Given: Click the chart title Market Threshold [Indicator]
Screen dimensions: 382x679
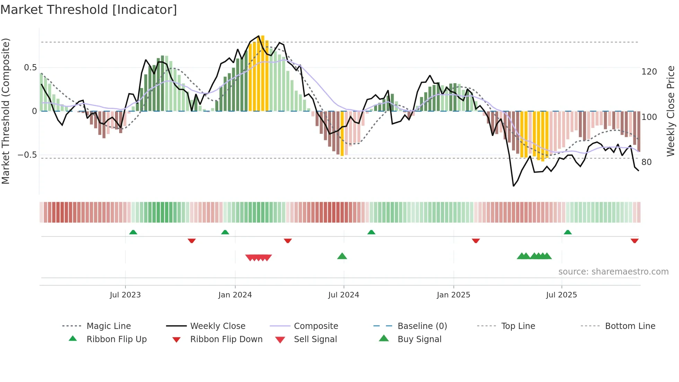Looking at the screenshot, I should tap(89, 10).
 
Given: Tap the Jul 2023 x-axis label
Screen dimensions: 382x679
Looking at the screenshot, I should tap(125, 295).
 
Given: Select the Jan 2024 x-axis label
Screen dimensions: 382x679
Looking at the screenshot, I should tap(235, 295).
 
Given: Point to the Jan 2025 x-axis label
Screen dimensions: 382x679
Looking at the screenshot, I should tap(453, 295).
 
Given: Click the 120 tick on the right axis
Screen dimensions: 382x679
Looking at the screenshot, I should tap(649, 72).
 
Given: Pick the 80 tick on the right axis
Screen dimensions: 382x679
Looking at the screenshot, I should tap(646, 162).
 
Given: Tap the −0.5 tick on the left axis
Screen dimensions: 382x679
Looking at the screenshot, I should tap(27, 155).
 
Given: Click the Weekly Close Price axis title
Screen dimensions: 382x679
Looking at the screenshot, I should tap(671, 111).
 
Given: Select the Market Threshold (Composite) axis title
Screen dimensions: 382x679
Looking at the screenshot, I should tap(6, 111).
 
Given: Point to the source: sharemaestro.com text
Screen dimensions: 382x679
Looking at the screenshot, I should tap(613, 272).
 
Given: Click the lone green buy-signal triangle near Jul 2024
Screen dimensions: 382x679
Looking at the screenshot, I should tap(342, 256).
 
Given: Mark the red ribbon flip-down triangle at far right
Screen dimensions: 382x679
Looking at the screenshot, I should tap(634, 241).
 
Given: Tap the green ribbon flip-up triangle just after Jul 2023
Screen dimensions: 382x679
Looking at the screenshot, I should tap(133, 232).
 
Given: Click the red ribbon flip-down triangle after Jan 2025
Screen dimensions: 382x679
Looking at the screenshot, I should tap(476, 241).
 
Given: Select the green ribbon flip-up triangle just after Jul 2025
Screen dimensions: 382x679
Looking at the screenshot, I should tap(567, 232).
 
